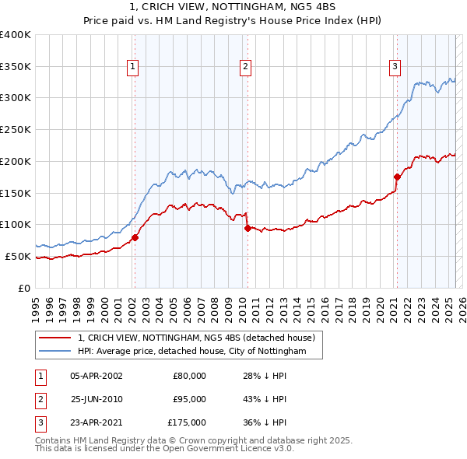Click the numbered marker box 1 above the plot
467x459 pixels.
[134, 68]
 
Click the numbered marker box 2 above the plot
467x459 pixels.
[245, 68]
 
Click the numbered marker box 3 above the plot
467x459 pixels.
[395, 68]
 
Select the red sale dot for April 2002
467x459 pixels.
[135, 237]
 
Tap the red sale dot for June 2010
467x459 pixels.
[248, 228]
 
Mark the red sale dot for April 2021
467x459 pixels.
[397, 177]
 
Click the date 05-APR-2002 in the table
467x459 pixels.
[97, 376]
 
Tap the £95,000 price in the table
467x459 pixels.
[189, 399]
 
